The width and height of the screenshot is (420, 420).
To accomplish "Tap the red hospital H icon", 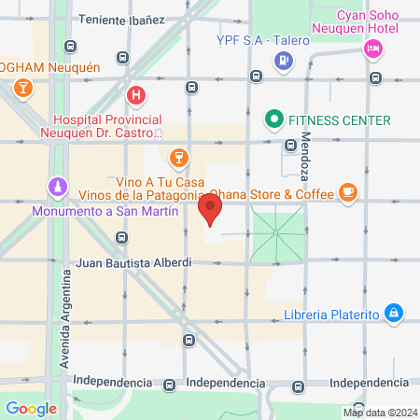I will pos(136,95).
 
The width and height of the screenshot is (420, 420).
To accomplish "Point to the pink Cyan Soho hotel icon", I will pos(373,49).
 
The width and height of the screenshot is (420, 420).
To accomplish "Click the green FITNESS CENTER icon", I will pos(273,119).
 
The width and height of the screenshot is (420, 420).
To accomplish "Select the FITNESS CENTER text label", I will pos(339,120).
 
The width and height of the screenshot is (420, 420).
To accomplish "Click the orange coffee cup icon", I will pos(348,193).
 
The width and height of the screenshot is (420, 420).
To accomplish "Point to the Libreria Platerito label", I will pos(337,314).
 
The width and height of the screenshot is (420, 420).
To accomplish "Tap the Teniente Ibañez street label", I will pos(121,19).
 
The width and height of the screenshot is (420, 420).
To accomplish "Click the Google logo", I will pos(31,408).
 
